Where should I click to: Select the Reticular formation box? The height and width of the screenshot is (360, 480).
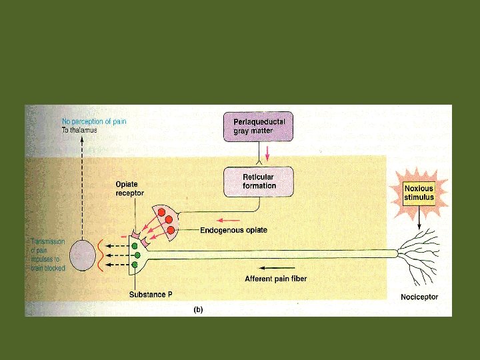(259, 181)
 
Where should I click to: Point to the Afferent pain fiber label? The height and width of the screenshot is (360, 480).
(276, 279)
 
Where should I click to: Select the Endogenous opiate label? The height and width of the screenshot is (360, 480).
(234, 230)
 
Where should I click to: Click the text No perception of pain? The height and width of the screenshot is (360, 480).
(94, 121)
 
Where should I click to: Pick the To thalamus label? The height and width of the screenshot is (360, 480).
(79, 130)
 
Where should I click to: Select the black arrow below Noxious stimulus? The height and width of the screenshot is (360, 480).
(419, 219)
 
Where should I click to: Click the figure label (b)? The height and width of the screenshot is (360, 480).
(198, 309)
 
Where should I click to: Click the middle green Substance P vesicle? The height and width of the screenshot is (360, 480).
(137, 255)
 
